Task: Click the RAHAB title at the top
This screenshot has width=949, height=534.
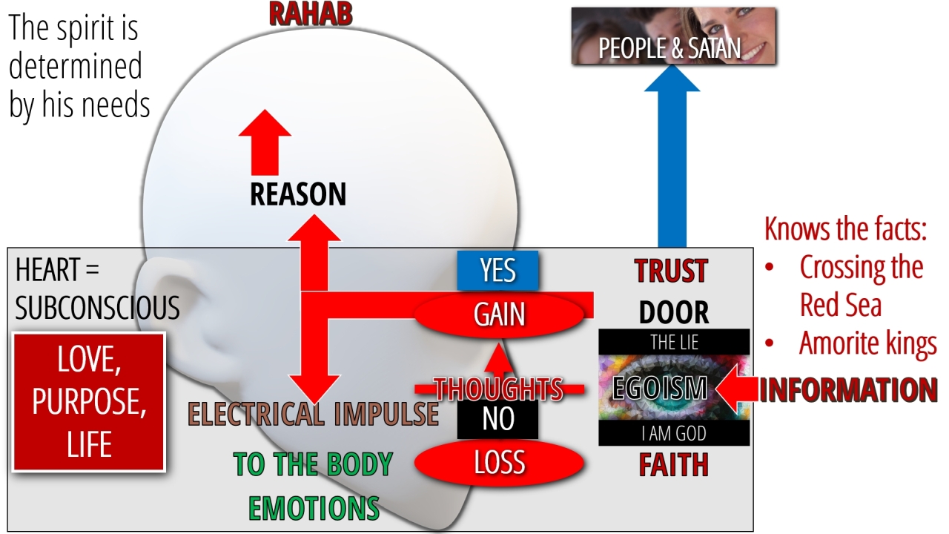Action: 310,14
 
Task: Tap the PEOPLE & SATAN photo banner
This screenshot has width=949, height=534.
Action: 673,36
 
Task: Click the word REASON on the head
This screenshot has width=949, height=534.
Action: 298,195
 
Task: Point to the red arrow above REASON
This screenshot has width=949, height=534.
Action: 265,141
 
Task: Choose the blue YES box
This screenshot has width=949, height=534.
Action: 497,271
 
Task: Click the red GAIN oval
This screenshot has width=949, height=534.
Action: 500,314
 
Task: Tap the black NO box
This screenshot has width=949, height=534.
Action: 497,419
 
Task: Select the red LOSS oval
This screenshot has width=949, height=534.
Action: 499,463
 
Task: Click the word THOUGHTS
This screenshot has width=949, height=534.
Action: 499,388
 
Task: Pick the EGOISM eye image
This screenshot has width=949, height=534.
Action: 674,388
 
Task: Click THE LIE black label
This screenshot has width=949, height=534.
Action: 674,343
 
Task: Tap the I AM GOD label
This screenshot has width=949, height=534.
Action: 674,434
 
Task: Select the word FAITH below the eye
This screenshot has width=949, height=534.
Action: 674,465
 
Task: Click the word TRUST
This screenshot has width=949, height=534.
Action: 671,271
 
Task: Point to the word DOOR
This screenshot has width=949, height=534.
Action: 674,313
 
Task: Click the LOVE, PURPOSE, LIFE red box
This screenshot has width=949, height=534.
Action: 89,402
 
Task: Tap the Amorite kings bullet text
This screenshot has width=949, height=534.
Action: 868,344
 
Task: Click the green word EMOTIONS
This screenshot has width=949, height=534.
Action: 314,508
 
